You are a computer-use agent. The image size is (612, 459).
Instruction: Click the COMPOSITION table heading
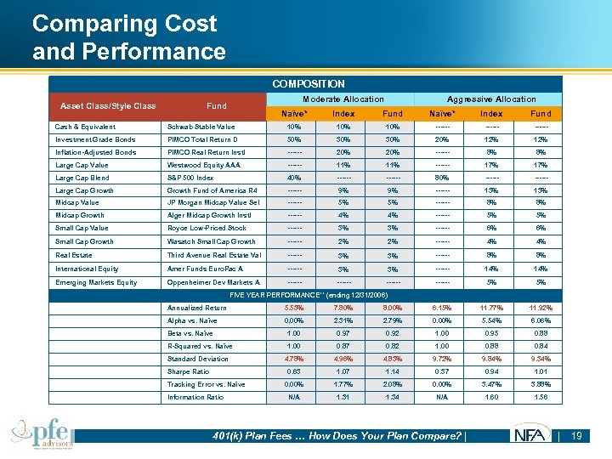(308, 84)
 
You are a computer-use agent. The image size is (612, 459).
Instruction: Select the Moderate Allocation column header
(343, 99)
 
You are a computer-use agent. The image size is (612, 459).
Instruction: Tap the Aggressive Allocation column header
(491, 99)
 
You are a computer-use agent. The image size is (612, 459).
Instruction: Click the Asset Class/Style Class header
(108, 106)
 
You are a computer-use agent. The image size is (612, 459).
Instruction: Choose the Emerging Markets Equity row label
(96, 282)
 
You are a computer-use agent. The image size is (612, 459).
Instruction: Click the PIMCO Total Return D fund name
(204, 139)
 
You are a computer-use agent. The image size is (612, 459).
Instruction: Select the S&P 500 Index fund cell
(190, 178)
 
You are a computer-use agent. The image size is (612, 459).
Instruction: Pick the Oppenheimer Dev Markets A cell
(213, 282)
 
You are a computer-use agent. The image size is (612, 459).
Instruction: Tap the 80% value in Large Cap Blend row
(441, 178)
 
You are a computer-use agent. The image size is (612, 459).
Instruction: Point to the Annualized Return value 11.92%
(540, 308)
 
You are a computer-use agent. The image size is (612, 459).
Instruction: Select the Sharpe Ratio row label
(189, 371)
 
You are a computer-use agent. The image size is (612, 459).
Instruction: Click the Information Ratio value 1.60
(491, 397)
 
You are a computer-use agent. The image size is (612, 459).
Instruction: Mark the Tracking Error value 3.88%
(540, 384)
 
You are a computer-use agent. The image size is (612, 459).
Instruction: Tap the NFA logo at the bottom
(530, 436)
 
